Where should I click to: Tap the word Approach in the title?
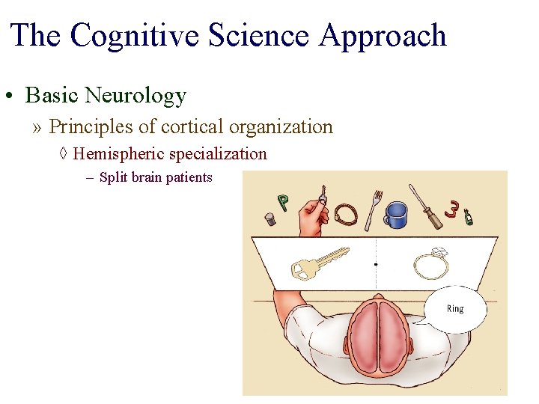[383, 36]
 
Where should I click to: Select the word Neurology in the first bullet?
[135, 96]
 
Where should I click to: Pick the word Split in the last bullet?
[113, 178]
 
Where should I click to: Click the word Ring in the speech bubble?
[455, 309]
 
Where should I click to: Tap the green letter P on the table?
[283, 202]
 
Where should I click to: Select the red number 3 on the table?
[451, 209]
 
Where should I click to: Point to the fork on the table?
[373, 209]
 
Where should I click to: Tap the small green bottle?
[469, 217]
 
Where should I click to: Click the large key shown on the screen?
[318, 262]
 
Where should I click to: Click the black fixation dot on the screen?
[375, 264]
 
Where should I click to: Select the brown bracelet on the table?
[346, 215]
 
